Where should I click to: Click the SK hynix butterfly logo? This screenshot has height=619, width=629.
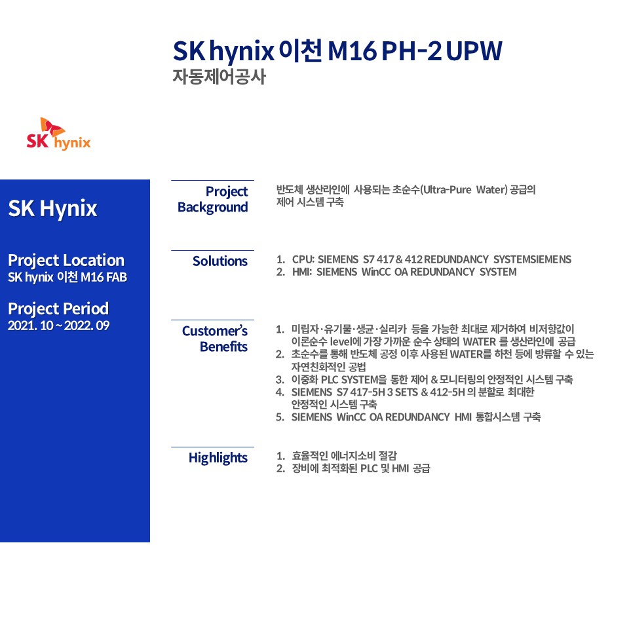point(58,134)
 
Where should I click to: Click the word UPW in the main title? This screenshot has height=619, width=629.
point(474,51)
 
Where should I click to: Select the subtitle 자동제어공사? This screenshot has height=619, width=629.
point(219,77)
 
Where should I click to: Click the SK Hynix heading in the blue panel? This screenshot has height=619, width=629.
point(52,208)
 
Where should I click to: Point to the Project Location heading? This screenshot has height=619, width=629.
point(66,261)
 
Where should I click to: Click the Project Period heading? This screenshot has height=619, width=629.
point(58,309)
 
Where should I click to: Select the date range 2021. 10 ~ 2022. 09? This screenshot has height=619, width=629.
point(58,326)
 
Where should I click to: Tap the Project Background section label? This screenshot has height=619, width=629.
point(212,199)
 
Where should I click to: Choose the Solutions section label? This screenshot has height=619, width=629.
point(220,261)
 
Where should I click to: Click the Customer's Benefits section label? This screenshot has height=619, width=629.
point(215,339)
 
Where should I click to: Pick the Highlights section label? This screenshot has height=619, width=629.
point(218,458)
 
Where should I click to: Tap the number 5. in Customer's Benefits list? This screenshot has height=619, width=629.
point(280,417)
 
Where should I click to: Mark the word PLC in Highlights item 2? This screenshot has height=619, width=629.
point(369,468)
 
